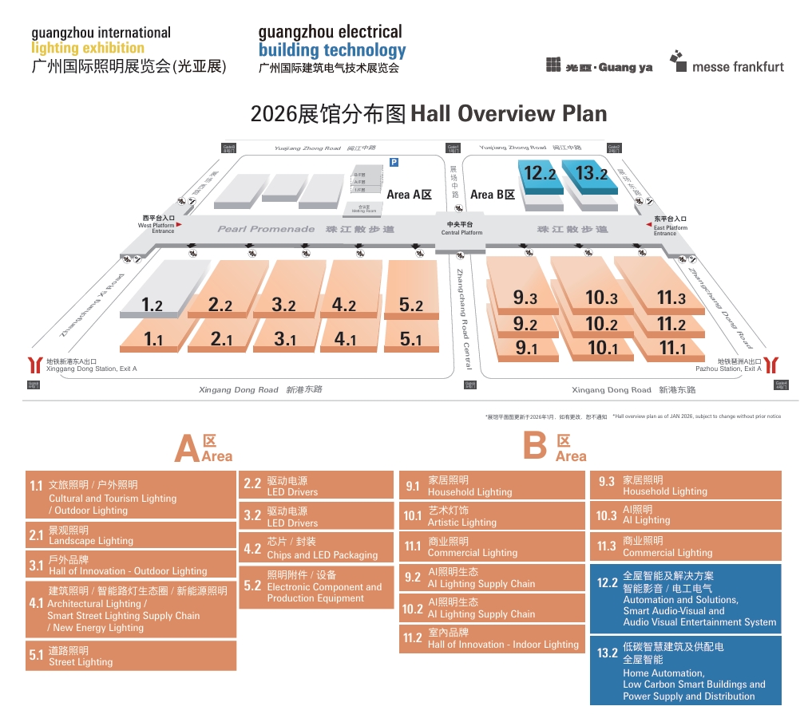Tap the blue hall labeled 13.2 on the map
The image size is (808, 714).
click(591, 173)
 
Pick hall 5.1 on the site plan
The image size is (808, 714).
click(410, 339)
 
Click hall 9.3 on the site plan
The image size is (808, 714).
click(525, 298)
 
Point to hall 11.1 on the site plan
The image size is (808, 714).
click(671, 348)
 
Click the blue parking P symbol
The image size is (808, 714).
click(394, 162)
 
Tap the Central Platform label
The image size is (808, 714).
click(461, 228)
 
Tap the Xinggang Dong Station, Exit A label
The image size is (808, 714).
click(91, 365)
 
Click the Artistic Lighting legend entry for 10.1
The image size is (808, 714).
click(492, 516)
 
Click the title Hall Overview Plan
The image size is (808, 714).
click(429, 113)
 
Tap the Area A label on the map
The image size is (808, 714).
click(409, 195)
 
